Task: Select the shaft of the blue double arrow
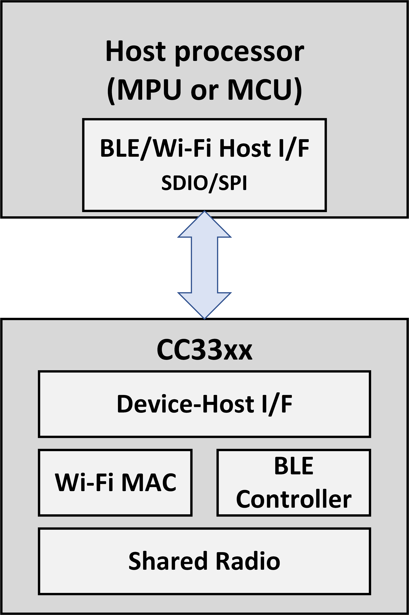204,265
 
